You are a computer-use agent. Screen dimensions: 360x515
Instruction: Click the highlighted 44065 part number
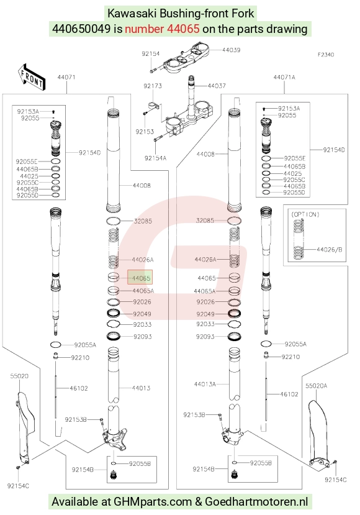pyautogui.click(x=140, y=278)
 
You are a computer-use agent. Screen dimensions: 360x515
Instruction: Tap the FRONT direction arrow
pyautogui.click(x=32, y=77)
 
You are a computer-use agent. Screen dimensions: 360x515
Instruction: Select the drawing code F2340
pyautogui.click(x=326, y=55)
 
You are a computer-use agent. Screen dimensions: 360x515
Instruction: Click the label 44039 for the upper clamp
pyautogui.click(x=232, y=50)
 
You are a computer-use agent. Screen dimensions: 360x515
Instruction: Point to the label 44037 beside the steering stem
pyautogui.click(x=217, y=86)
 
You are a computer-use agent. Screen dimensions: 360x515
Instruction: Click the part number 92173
pyautogui.click(x=153, y=86)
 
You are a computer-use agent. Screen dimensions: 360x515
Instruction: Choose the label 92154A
pyautogui.click(x=155, y=158)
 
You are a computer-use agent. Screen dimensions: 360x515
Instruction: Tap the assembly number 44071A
pyautogui.click(x=284, y=77)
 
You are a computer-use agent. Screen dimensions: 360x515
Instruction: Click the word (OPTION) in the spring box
pyautogui.click(x=305, y=214)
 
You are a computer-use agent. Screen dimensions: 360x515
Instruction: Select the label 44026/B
pyautogui.click(x=330, y=250)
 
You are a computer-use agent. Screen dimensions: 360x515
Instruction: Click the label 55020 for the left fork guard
pyautogui.click(x=19, y=376)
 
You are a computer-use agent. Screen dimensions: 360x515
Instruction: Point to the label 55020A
pyautogui.click(x=317, y=386)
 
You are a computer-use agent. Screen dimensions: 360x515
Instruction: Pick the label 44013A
pyautogui.click(x=205, y=384)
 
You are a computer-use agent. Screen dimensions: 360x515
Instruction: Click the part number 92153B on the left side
pyautogui.click(x=76, y=419)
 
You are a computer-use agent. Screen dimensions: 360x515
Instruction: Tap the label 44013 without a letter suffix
pyautogui.click(x=141, y=388)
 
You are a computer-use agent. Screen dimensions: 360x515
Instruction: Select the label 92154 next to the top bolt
pyautogui.click(x=151, y=53)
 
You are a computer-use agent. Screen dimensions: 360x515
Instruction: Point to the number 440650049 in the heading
pyautogui.click(x=81, y=29)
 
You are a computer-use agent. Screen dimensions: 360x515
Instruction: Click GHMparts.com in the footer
pyautogui.click(x=153, y=502)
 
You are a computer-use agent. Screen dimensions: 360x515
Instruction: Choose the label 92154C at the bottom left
pyautogui.click(x=18, y=486)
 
